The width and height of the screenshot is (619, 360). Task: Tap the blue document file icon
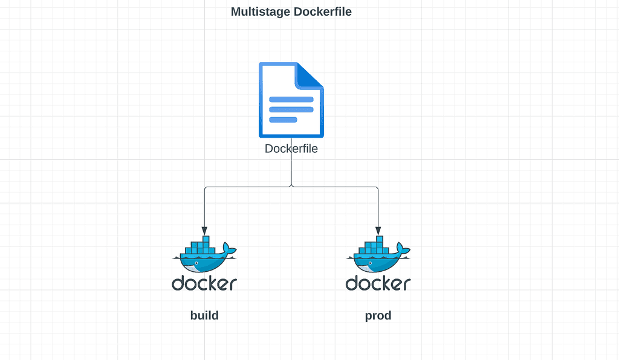tap(291, 100)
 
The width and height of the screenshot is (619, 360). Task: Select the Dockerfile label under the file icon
tap(291, 148)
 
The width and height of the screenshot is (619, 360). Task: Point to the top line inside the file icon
tap(291, 99)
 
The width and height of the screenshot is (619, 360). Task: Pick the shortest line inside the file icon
tap(283, 120)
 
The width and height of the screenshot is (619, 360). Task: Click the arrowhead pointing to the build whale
tap(204, 231)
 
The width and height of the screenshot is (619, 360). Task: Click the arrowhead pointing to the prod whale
tap(378, 231)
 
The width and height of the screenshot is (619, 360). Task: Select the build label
tap(204, 315)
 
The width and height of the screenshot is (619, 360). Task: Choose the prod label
tap(378, 315)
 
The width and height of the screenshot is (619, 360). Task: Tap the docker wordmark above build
tap(204, 283)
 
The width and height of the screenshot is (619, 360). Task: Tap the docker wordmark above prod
tap(378, 283)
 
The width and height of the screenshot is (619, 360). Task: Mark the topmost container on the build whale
tap(206, 239)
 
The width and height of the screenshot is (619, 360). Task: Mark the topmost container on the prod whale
tap(380, 239)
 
